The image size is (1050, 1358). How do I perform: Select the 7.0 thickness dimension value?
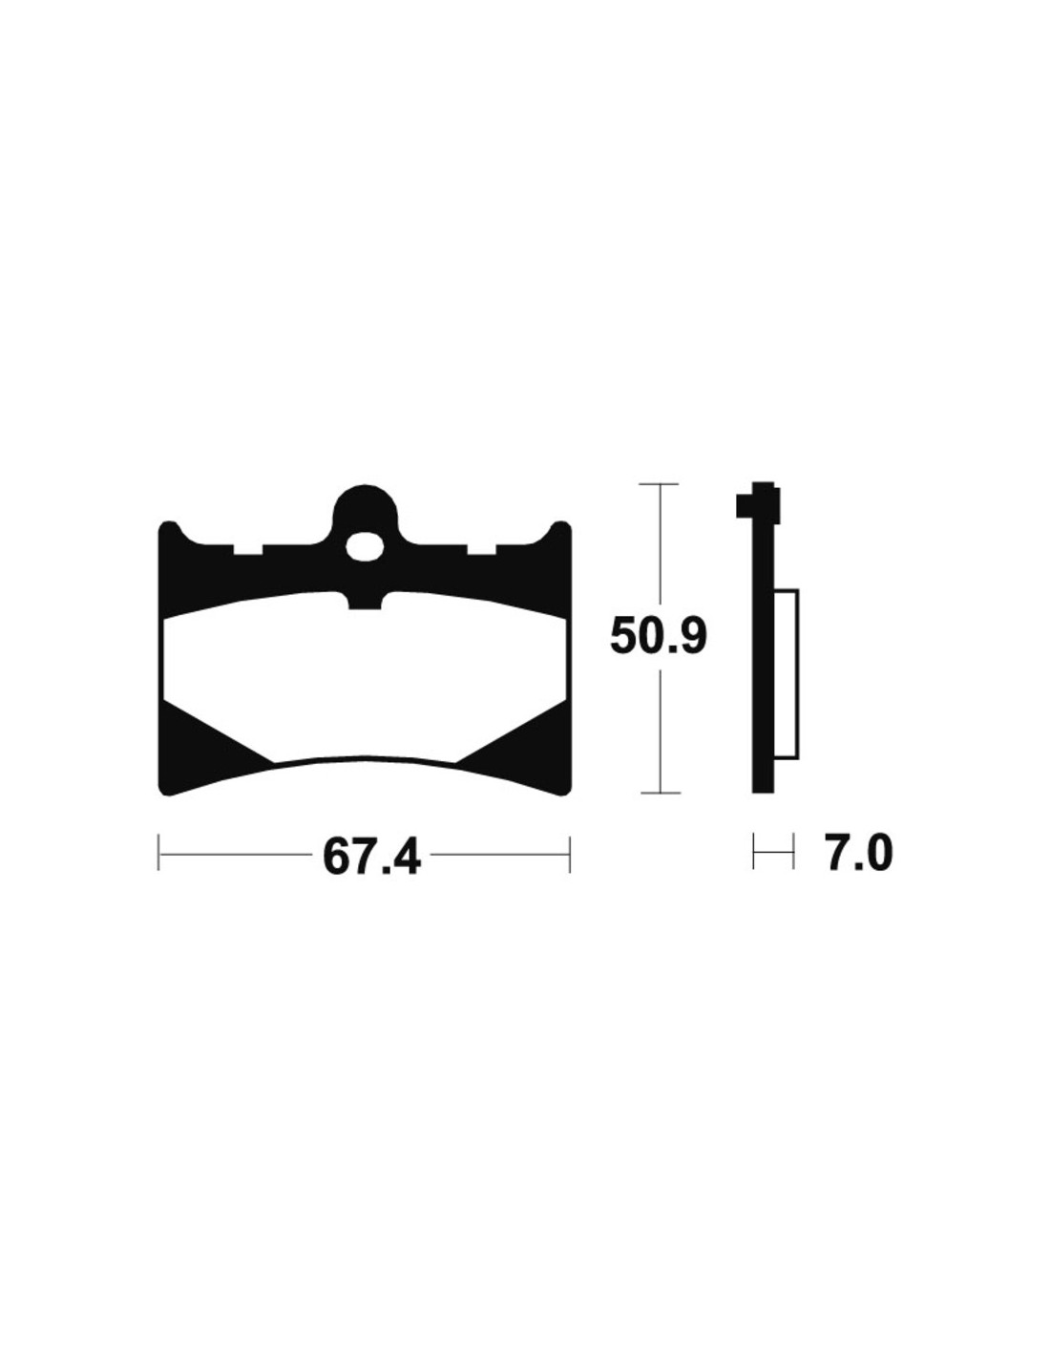point(857,854)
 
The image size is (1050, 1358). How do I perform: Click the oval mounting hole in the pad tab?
point(365,546)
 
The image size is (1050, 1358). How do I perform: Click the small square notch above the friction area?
point(365,601)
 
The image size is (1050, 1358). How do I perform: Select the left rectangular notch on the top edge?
point(248,549)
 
